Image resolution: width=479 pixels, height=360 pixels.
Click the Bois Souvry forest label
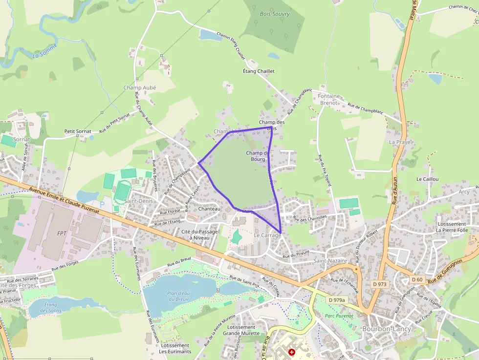(x=275, y=14)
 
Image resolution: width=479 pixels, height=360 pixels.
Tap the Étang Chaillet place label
(x=259, y=71)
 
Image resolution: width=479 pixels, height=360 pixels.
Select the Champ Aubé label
(x=139, y=88)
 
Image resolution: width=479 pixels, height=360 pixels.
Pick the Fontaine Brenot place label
(x=328, y=100)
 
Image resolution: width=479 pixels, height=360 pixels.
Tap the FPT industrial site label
(x=62, y=233)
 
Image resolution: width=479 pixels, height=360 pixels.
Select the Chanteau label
(x=209, y=209)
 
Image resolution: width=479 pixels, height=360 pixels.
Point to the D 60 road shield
(x=416, y=279)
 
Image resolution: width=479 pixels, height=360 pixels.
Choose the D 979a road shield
(x=336, y=300)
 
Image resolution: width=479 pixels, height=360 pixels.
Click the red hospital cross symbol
(x=292, y=352)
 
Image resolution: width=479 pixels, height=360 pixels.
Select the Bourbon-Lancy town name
(x=387, y=329)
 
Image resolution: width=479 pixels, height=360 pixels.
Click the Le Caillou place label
(x=427, y=179)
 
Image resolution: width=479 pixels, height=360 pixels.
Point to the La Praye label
(x=399, y=142)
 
